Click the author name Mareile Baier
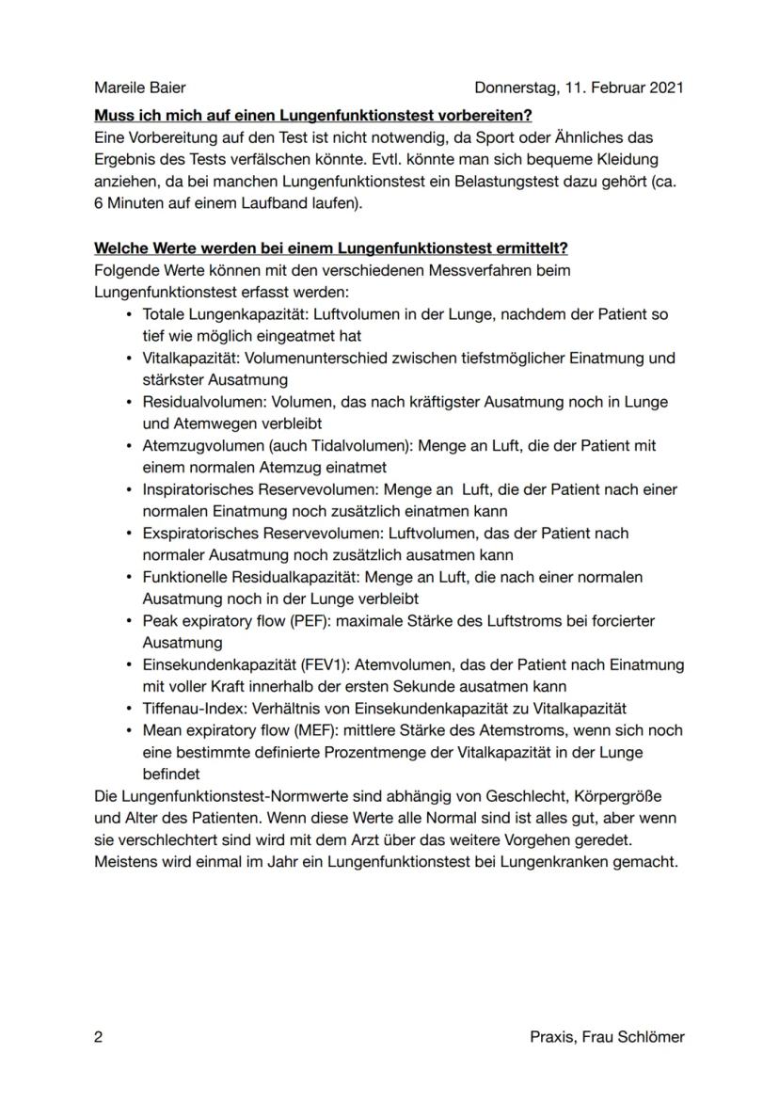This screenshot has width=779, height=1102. tap(140, 88)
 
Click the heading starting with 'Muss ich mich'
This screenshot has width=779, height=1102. tap(313, 116)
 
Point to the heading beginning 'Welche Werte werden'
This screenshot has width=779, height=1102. tap(331, 248)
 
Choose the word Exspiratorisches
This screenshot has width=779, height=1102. tap(199, 533)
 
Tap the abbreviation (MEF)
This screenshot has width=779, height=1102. tap(306, 730)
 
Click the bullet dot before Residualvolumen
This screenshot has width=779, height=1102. tap(128, 402)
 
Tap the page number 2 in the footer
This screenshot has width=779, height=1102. tap(99, 1037)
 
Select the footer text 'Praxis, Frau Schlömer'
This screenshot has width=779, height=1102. tap(607, 1037)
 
